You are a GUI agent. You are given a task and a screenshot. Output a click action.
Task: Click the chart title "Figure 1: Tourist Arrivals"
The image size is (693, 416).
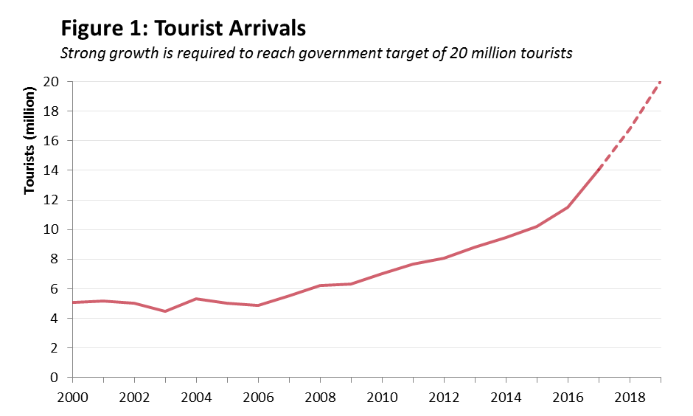[x=183, y=30]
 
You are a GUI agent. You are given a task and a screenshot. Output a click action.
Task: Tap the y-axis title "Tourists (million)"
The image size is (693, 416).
[x=30, y=141]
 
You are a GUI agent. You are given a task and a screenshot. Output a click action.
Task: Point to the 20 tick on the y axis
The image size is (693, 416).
[x=51, y=81]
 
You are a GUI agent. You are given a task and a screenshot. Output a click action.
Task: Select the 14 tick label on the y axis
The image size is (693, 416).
[x=51, y=170]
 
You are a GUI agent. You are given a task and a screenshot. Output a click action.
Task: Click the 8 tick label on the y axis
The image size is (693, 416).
[x=55, y=259]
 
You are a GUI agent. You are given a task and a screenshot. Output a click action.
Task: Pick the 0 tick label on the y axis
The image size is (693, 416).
[x=55, y=378]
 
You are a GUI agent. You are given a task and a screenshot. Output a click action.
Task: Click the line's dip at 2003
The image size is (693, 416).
[x=165, y=311]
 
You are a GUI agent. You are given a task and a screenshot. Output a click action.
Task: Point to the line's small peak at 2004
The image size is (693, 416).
[x=196, y=299]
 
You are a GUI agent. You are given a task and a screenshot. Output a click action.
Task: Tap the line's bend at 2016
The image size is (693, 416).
[x=568, y=207]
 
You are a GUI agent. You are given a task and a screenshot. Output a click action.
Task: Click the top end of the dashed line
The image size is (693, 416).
[x=660, y=82]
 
